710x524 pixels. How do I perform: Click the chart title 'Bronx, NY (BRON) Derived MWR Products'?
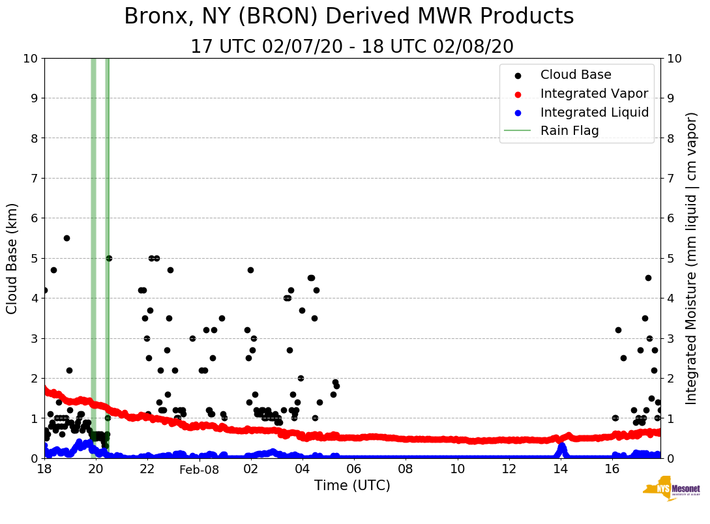click(x=349, y=17)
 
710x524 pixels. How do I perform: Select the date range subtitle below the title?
click(x=352, y=47)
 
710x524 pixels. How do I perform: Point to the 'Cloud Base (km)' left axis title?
click(x=12, y=258)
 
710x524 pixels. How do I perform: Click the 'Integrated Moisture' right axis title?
click(x=692, y=258)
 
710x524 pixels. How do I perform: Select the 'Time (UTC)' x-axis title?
click(x=352, y=486)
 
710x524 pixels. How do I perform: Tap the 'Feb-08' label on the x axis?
click(x=199, y=469)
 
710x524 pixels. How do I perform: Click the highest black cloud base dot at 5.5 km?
click(x=67, y=238)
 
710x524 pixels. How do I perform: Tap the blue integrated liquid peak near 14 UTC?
click(x=561, y=446)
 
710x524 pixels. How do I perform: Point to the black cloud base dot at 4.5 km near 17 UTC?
click(x=648, y=278)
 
